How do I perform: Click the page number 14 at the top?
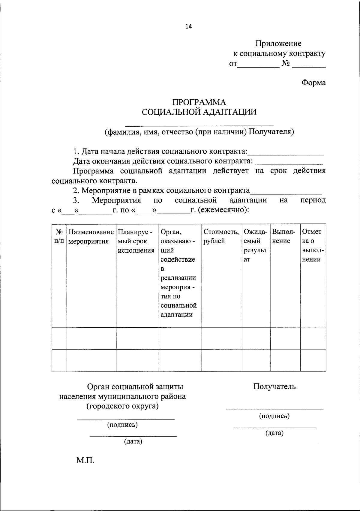[188, 26]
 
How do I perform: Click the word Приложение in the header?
[278, 44]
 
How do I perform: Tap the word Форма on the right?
[313, 83]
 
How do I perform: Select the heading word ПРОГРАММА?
[199, 102]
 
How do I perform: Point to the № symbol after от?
[285, 64]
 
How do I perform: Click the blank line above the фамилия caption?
[199, 124]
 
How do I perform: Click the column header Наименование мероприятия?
[91, 236]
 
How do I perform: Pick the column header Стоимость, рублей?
[221, 236]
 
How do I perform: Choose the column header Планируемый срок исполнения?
[136, 241]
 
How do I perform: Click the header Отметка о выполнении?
[312, 245]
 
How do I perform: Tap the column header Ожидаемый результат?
[255, 245]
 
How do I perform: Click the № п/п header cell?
[59, 236]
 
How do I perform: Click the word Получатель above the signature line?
[274, 386]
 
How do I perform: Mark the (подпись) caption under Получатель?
[274, 416]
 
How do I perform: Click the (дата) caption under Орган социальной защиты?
[133, 441]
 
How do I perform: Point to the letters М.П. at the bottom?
[85, 460]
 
